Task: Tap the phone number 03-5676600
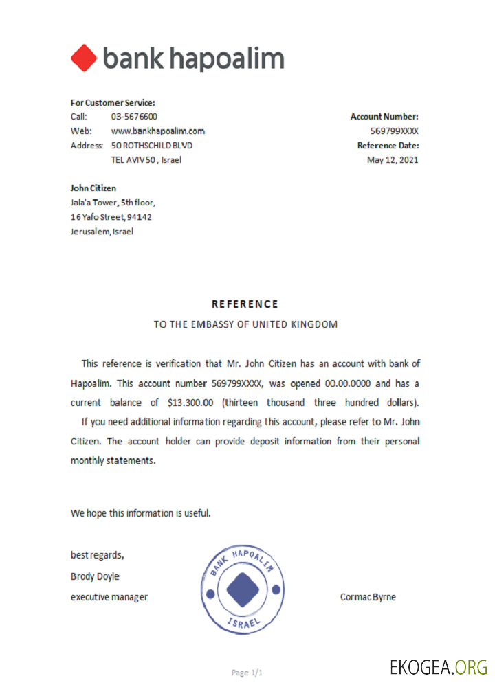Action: [134, 117]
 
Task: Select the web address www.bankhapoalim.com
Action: [157, 131]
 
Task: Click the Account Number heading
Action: [384, 117]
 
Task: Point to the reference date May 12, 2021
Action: [393, 160]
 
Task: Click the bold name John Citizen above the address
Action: [93, 188]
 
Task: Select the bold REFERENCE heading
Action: [245, 304]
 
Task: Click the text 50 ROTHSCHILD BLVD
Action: [152, 146]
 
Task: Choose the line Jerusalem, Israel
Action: [102, 232]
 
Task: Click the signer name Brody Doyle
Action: [95, 576]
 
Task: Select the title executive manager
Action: [109, 597]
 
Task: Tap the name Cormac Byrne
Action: [368, 597]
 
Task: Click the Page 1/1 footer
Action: [247, 673]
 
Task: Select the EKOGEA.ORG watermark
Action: [438, 667]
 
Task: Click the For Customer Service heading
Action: [113, 102]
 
